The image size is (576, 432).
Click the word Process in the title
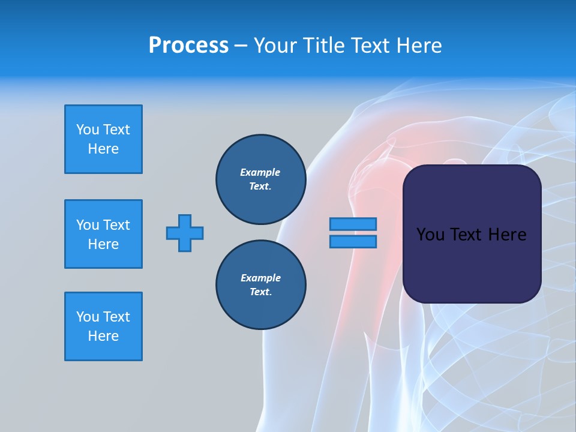tap(188, 46)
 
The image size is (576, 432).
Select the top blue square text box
tap(103, 139)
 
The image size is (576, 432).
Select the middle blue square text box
tap(103, 234)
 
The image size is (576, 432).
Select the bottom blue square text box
tap(103, 326)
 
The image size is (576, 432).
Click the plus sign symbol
tap(185, 233)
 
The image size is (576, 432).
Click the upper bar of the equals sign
tap(353, 224)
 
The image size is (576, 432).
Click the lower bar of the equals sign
tap(353, 241)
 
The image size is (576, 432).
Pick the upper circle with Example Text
tap(260, 179)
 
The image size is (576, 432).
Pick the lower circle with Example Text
tap(260, 285)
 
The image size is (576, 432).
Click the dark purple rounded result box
tap(472, 264)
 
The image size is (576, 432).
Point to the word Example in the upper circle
tap(260, 172)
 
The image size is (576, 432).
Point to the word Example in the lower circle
tap(260, 278)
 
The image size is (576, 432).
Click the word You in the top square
tap(88, 130)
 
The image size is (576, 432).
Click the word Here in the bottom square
tap(103, 336)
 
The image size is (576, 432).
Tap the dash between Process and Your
tap(241, 46)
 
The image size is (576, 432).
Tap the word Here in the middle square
tap(103, 244)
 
